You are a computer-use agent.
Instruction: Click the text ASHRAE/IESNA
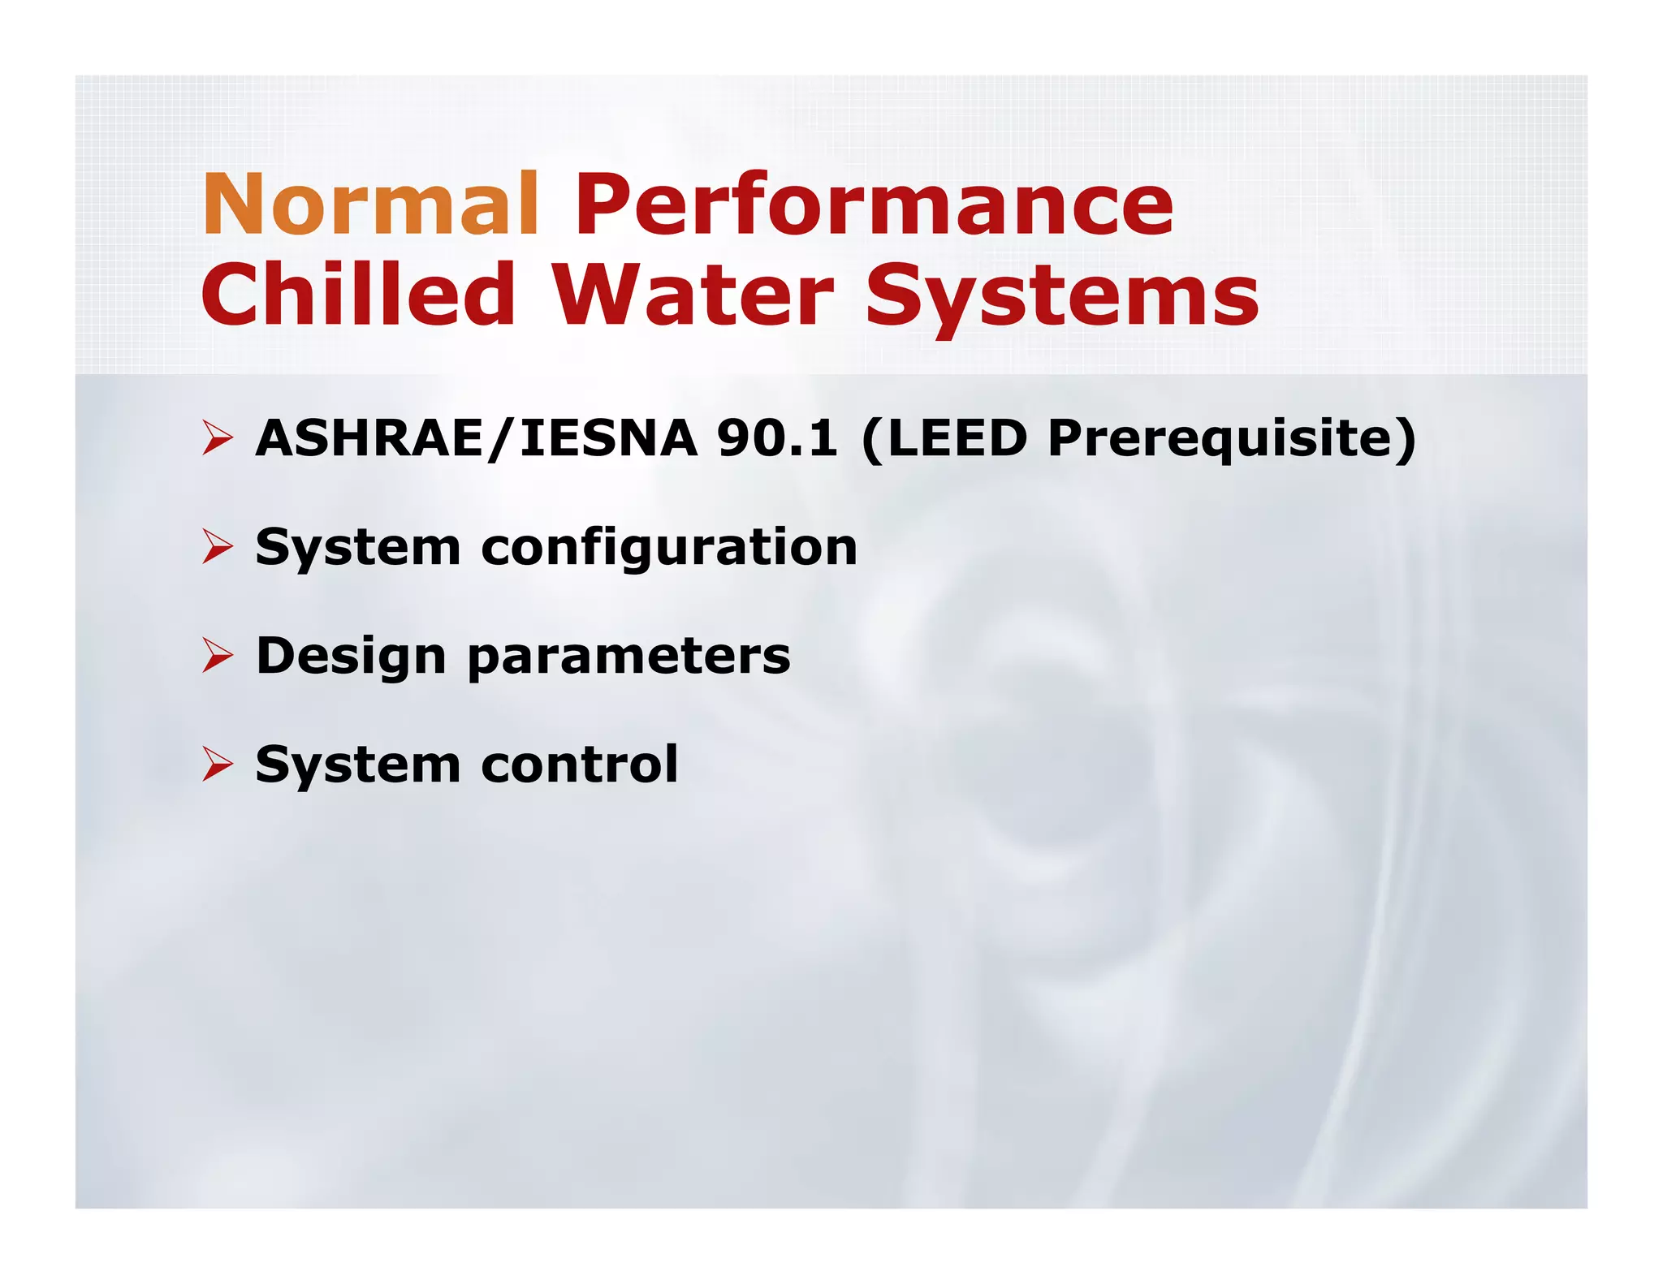[x=477, y=439]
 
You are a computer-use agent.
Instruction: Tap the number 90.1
[x=776, y=439]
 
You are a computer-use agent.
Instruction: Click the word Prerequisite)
[x=1231, y=439]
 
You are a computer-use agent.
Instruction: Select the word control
[x=580, y=765]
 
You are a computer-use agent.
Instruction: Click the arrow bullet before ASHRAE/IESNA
[x=218, y=439]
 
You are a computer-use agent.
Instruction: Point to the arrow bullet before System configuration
[x=218, y=547]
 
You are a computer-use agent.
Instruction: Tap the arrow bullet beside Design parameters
[x=218, y=656]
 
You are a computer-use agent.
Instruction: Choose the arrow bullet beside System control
[x=218, y=765]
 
